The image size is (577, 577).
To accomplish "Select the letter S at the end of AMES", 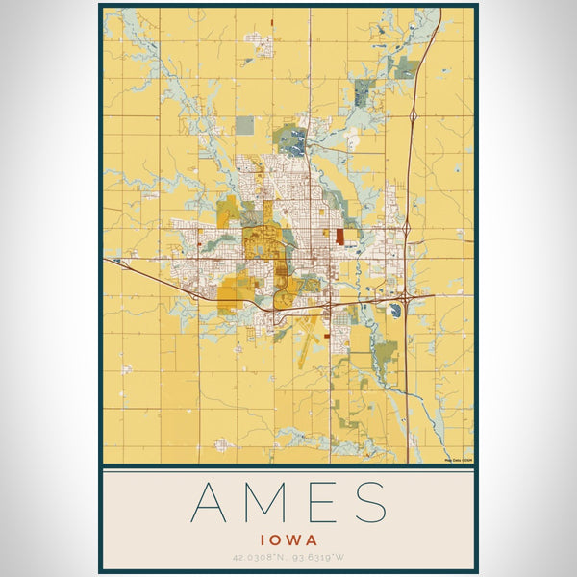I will pyautogui.click(x=370, y=503).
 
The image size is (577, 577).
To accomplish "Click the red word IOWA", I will pyautogui.click(x=288, y=540).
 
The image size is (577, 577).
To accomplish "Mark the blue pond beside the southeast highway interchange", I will pyautogui.click(x=395, y=310).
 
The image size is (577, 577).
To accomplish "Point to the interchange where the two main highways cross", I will pyautogui.click(x=407, y=296).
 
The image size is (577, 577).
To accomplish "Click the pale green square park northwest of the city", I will pyautogui.click(x=245, y=125).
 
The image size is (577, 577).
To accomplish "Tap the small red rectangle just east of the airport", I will pyautogui.click(x=329, y=335).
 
